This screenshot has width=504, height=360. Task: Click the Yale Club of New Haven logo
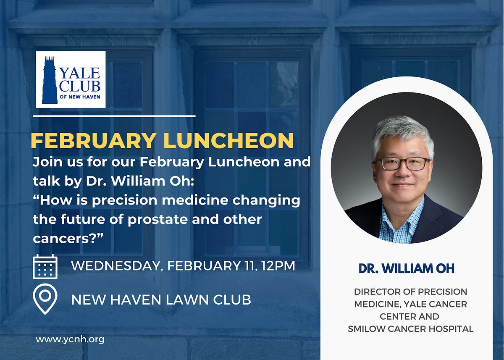click(x=71, y=79)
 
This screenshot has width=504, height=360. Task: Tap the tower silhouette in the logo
click(x=50, y=80)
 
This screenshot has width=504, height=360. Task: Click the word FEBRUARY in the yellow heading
click(x=94, y=140)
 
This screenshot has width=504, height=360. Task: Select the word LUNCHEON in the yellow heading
click(x=228, y=140)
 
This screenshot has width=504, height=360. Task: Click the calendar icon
click(x=45, y=266)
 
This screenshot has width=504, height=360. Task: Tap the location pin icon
click(x=45, y=299)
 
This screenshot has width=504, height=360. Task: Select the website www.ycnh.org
click(x=70, y=339)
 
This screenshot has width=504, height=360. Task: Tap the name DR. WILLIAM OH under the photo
click(x=407, y=268)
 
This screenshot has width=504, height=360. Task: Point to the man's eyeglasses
click(x=402, y=163)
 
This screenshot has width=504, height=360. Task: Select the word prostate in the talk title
click(x=157, y=220)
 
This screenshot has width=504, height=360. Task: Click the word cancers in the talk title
click(x=61, y=239)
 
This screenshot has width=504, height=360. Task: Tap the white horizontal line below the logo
click(x=114, y=116)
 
